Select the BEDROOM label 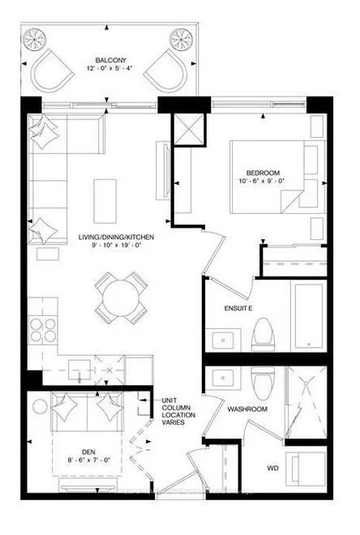tap(264, 173)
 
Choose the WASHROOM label tap(246, 409)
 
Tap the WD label tap(274, 469)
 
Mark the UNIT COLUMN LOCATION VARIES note tap(178, 410)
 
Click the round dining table tap(121, 297)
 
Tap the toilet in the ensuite tap(262, 333)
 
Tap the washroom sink tap(220, 378)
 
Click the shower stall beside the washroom tap(306, 400)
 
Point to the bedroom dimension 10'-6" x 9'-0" tap(264, 182)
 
